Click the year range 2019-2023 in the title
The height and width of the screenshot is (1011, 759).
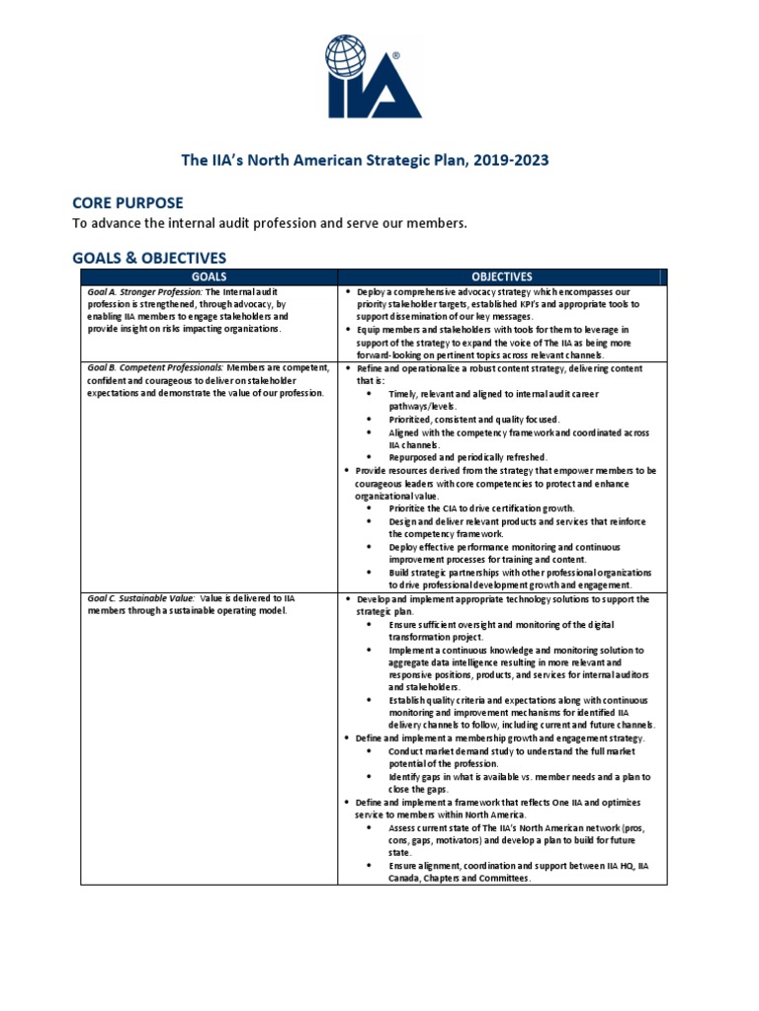pos(511,158)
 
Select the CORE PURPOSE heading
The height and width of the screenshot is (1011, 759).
pos(127,202)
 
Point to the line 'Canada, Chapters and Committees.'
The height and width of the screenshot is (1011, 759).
pos(460,878)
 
